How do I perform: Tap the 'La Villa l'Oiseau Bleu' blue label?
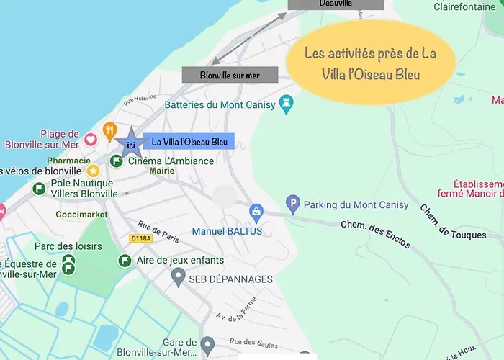[189, 143]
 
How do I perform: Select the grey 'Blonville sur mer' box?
[230, 75]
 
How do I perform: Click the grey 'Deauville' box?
[336, 4]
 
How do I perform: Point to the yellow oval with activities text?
[371, 64]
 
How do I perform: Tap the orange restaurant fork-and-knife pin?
[109, 130]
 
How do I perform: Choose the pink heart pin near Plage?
[91, 139]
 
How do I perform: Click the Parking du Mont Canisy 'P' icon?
[292, 204]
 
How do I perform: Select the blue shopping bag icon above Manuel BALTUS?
[256, 211]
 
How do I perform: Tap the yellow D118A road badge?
[142, 238]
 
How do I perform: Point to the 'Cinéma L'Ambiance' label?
[171, 161]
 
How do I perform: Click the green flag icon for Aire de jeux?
[125, 260]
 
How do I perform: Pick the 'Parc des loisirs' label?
[68, 246]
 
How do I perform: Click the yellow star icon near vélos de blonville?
[93, 171]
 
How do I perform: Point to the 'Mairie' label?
[162, 171]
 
